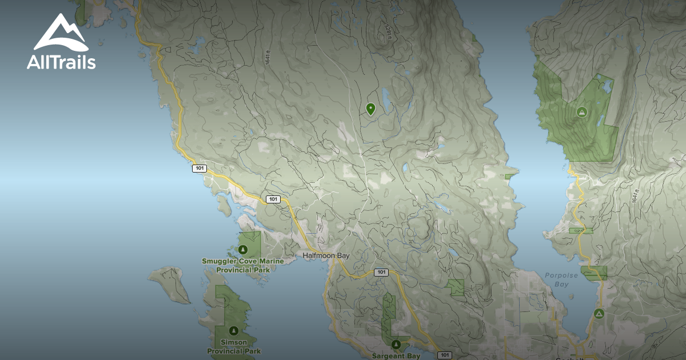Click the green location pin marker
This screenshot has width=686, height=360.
coord(370,109)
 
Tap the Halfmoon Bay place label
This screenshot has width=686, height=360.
coord(326,255)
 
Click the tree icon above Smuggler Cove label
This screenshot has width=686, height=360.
coord(243,250)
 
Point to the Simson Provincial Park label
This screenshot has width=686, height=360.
coord(234,346)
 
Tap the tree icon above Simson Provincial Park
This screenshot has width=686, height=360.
coord(233,331)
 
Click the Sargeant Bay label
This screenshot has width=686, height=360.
coord(396,356)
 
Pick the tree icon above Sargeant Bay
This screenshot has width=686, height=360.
coord(396,345)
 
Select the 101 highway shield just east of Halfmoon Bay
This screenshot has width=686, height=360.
coord(381,272)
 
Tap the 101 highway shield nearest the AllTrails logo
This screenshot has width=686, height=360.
coord(200,168)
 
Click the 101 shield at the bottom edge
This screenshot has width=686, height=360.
coord(444,355)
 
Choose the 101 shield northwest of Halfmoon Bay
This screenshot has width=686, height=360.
coord(273,199)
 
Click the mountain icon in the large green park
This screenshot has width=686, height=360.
coord(582,111)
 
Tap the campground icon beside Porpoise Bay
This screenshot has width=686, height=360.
coord(599,313)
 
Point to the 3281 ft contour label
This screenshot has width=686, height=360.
coord(388,32)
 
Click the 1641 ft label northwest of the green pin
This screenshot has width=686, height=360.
coord(267,58)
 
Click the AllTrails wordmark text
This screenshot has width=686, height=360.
coord(61,62)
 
